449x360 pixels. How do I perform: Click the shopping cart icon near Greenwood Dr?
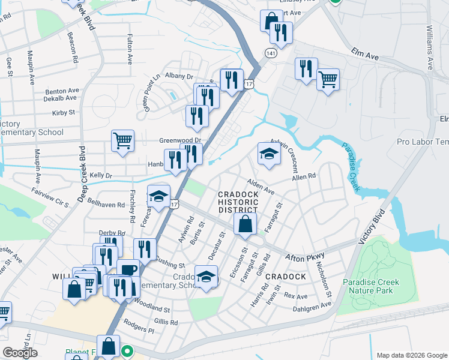pyautogui.click(x=122, y=142)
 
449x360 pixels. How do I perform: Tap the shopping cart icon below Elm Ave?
pyautogui.click(x=328, y=79)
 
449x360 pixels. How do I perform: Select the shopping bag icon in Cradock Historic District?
pyautogui.click(x=245, y=224)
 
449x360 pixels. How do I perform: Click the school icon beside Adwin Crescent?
pyautogui.click(x=269, y=154)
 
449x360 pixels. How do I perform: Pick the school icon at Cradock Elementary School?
pyautogui.click(x=206, y=277)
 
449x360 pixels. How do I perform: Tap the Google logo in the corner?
pyautogui.click(x=20, y=353)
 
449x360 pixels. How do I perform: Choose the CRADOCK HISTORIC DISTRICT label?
pyautogui.click(x=238, y=202)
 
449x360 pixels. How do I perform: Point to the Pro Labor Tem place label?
pyautogui.click(x=423, y=142)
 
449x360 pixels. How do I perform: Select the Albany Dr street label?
pyautogui.click(x=179, y=76)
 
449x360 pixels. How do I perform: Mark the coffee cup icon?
pyautogui.click(x=128, y=269)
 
